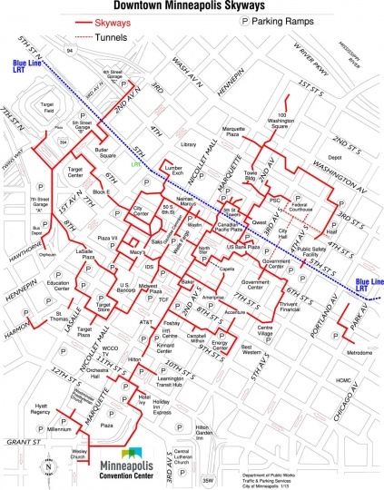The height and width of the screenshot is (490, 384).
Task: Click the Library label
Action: point(189,145)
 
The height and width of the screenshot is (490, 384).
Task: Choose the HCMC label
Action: point(315,380)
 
